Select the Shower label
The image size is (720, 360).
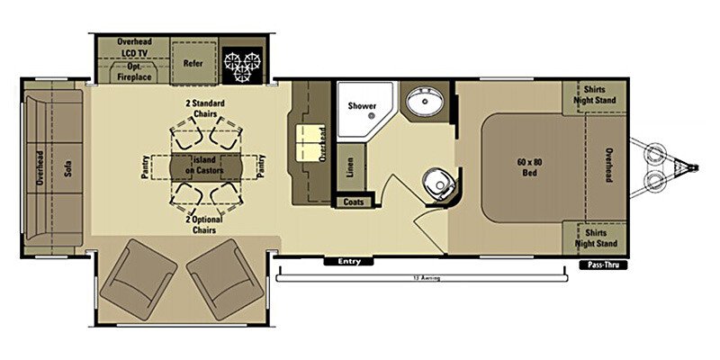[x=362, y=106]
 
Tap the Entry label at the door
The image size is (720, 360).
[x=348, y=262]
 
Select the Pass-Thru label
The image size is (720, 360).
[x=601, y=265]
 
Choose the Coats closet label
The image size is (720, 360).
[x=354, y=202]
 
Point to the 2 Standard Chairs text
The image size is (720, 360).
[x=205, y=108]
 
